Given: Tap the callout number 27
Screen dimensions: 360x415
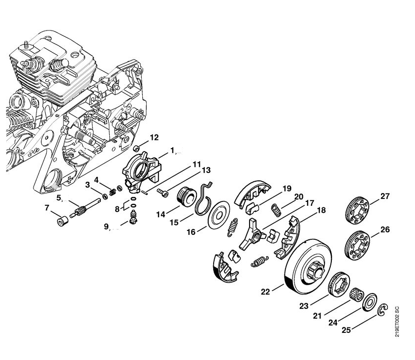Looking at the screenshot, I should coord(384,196).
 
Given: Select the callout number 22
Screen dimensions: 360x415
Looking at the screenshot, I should coord(265,292).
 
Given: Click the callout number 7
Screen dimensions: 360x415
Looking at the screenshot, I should coord(47,208).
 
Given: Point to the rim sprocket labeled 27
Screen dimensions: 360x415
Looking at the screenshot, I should coord(357,210).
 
